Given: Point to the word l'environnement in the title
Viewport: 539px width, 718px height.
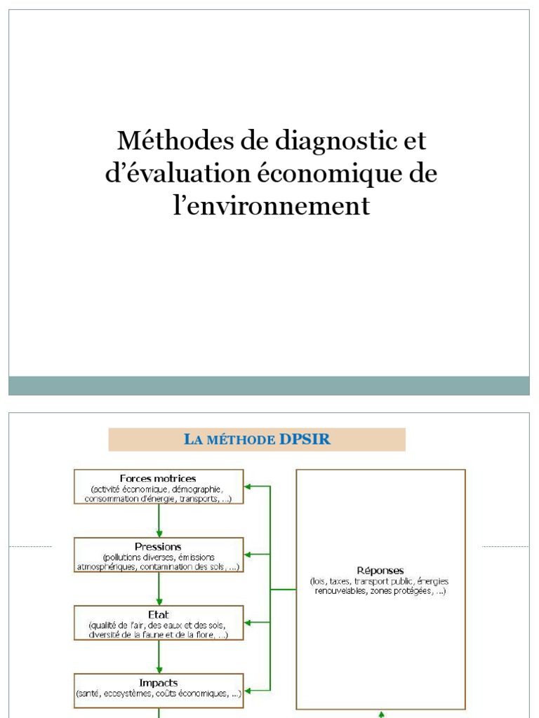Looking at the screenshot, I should (271, 206).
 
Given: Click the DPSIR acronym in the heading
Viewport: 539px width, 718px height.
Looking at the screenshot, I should (305, 440).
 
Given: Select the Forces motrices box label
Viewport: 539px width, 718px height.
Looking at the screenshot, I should (159, 479).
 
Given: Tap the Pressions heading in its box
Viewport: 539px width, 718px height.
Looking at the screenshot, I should (159, 546).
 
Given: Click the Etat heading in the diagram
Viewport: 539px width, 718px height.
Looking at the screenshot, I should (159, 614).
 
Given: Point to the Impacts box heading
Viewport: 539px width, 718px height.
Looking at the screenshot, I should (159, 682).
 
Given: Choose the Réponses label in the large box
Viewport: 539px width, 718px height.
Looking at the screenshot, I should (380, 571).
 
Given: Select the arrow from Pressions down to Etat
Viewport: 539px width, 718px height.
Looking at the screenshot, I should (159, 588).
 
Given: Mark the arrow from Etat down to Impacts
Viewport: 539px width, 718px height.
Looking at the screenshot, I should (159, 656).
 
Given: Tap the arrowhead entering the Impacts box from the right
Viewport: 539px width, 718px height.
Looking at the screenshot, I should (248, 690).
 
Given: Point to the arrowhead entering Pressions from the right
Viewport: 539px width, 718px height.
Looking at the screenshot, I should (248, 554).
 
